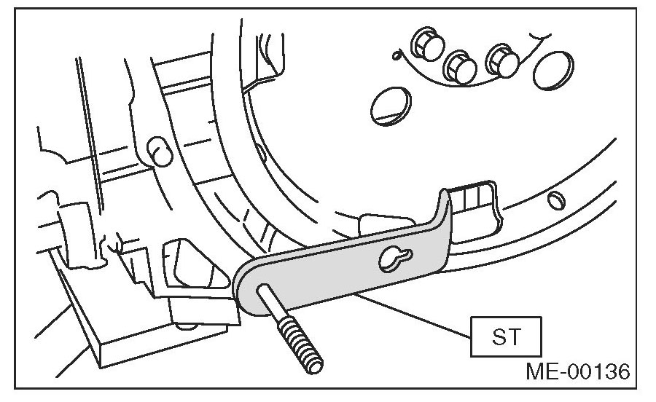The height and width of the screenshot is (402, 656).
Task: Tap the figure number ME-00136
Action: [x=576, y=373]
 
